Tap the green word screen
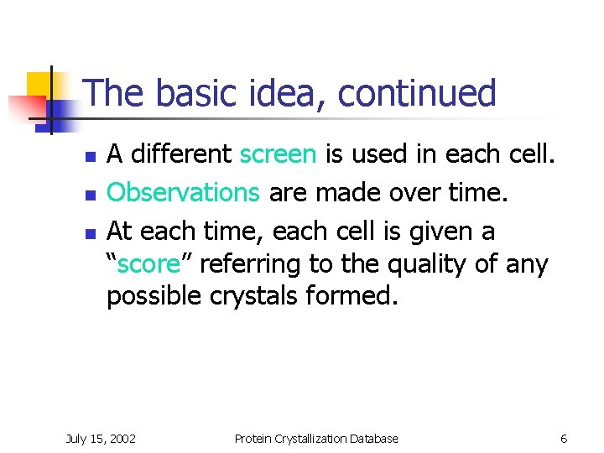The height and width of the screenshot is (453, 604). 278,154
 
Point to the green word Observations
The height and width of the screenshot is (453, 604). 183,192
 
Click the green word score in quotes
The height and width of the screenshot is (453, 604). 148,264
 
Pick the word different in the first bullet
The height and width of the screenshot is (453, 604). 181,154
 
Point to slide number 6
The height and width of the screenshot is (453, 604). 564,438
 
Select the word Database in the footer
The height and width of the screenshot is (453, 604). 375,438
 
